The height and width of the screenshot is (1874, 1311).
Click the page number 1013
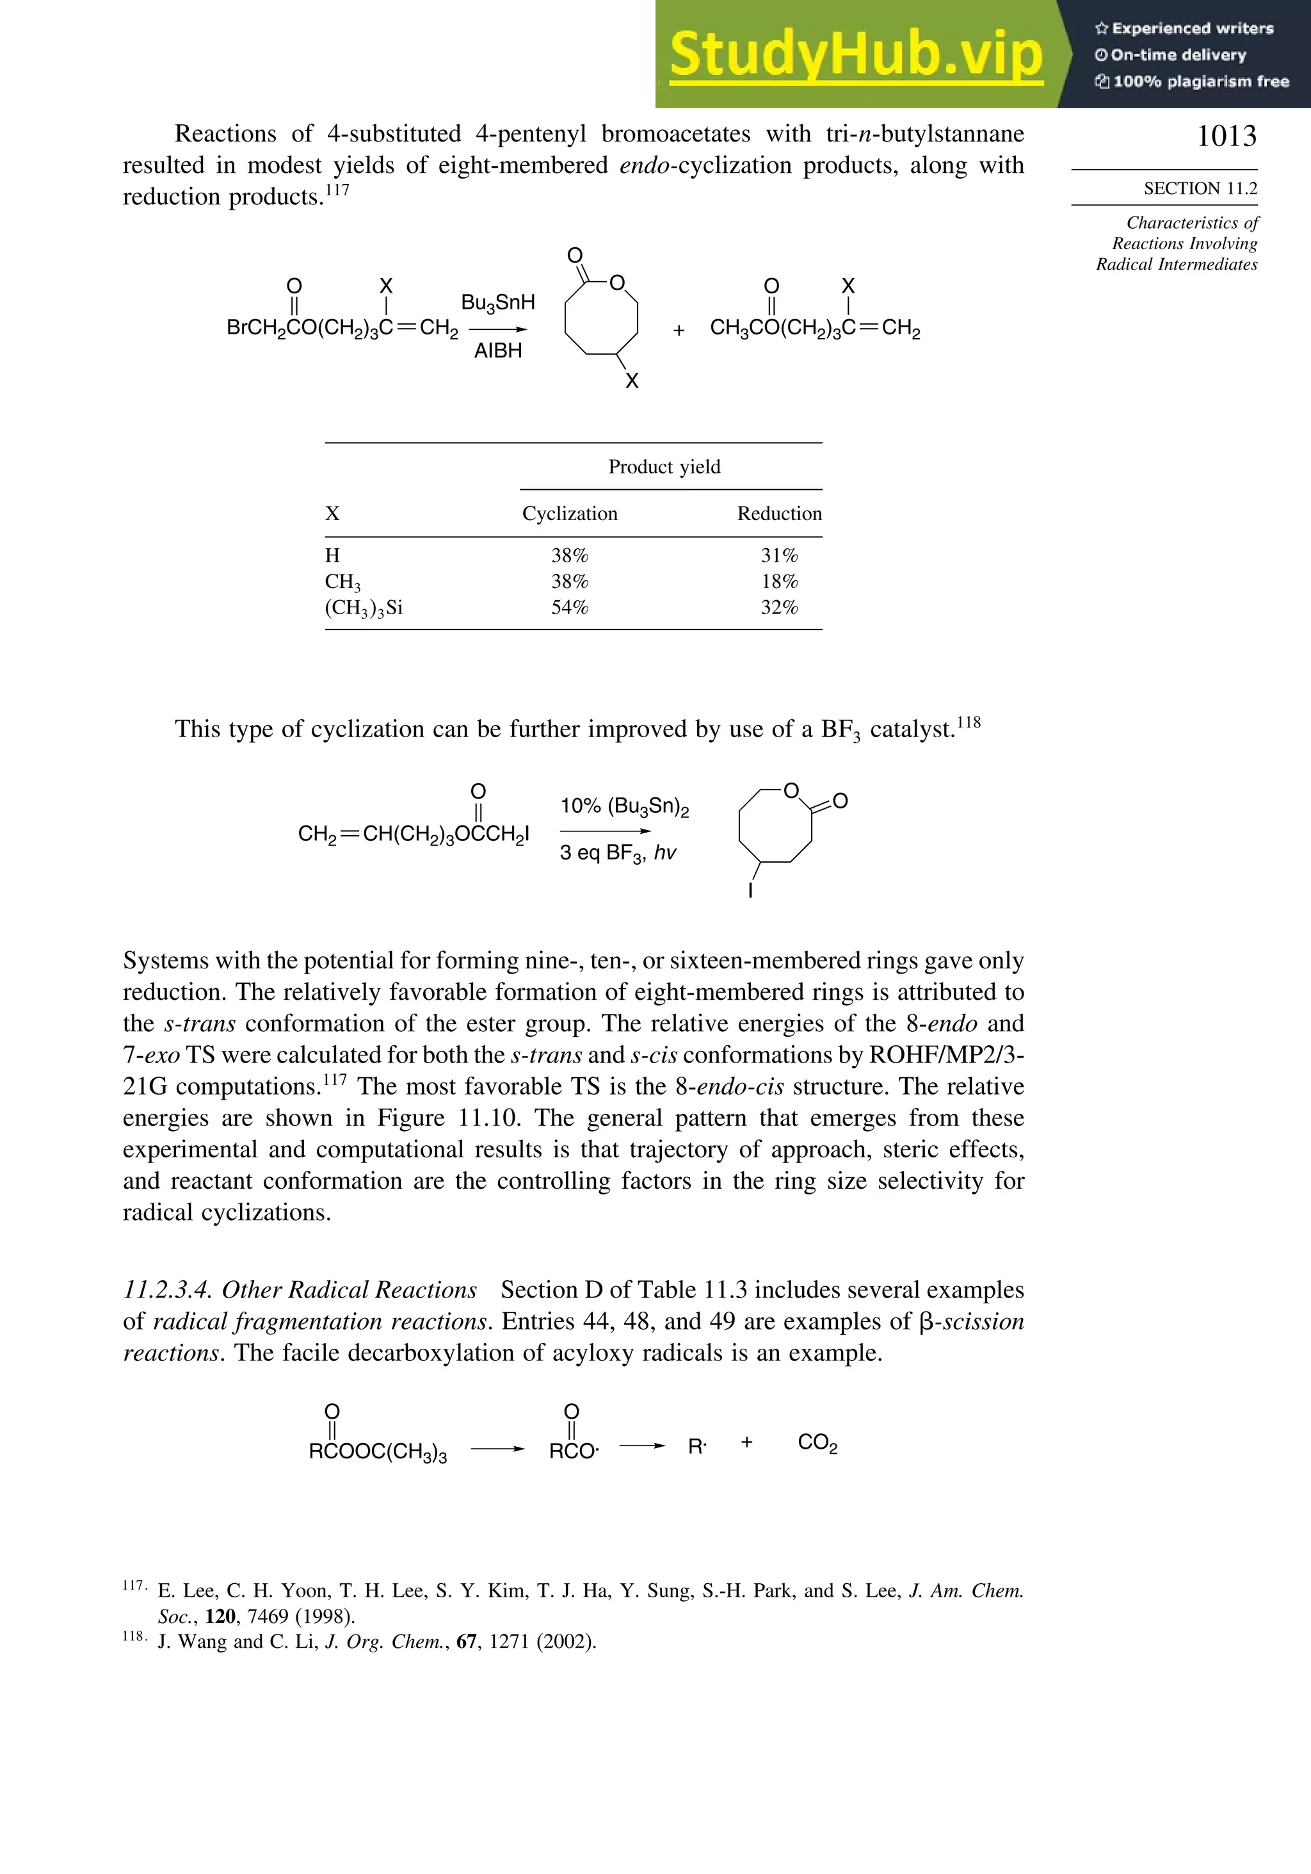pos(1226,136)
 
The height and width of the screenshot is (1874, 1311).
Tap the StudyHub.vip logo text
pos(856,54)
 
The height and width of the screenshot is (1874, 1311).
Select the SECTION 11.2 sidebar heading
pos(1200,188)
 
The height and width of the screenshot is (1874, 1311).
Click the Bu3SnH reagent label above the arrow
pos(497,303)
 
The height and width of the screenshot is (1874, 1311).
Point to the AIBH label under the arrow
pos(497,351)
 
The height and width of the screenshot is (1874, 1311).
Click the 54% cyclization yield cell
pos(570,607)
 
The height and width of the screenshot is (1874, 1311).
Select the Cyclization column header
pos(570,514)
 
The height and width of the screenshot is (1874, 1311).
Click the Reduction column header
pos(779,514)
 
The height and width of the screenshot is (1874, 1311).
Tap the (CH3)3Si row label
pos(364,608)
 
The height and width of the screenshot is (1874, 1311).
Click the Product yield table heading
pos(664,467)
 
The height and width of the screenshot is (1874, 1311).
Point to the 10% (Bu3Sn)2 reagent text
pos(624,806)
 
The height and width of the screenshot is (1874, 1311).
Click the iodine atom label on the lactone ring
pos(750,890)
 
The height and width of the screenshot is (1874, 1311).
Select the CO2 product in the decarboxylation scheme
pos(817,1443)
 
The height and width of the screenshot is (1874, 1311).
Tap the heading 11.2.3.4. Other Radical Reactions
pos(300,1291)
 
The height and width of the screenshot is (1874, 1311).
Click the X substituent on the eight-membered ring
pos(631,381)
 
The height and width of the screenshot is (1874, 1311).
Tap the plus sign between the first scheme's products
pos(679,330)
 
